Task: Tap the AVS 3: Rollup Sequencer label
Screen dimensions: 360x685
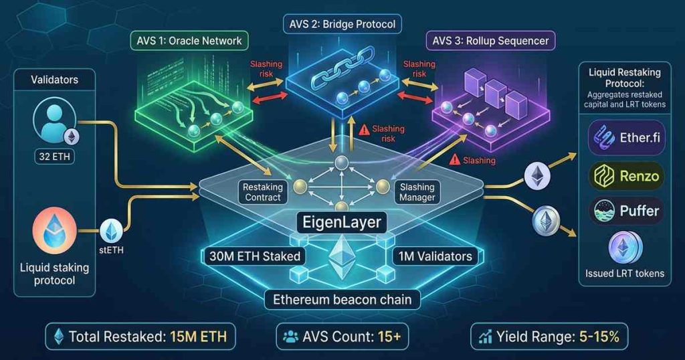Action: [490, 41]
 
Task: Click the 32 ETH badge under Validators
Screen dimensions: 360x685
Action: [55, 158]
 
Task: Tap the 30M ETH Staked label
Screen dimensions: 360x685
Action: [254, 256]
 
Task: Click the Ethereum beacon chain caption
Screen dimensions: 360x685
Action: [342, 299]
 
